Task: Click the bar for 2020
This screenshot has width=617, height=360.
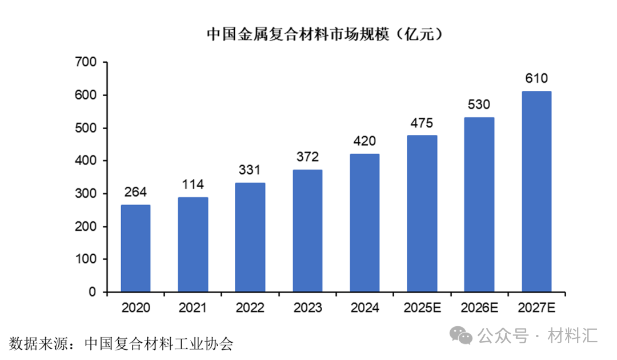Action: click(136, 249)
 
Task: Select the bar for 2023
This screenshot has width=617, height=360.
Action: click(307, 231)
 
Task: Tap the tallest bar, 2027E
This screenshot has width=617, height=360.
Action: click(536, 191)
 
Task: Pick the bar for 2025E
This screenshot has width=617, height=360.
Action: click(422, 214)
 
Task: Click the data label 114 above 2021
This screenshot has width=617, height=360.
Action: click(193, 185)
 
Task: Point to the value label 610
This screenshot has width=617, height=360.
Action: click(536, 78)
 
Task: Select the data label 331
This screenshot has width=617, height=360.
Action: click(250, 170)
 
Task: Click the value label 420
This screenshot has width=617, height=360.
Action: click(364, 141)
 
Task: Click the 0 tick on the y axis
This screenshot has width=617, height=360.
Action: click(93, 292)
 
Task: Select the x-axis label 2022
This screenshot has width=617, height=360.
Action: click(250, 308)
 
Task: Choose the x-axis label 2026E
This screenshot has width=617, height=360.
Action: click(479, 308)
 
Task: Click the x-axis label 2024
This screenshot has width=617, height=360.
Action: click(364, 308)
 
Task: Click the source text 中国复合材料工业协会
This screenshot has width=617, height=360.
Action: click(159, 344)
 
